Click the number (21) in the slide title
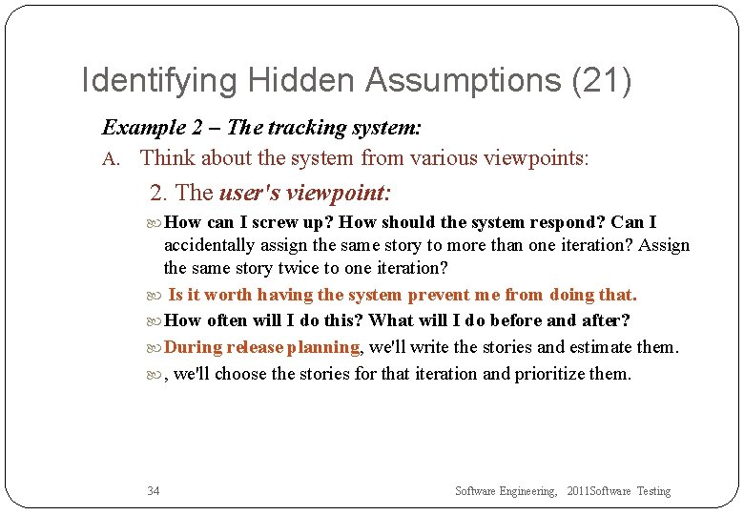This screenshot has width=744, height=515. [x=601, y=80]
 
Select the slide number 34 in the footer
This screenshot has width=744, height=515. [x=154, y=491]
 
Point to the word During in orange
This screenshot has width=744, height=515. [x=194, y=347]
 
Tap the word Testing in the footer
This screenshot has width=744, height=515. [x=653, y=491]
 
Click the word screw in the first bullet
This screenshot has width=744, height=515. [x=282, y=222]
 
